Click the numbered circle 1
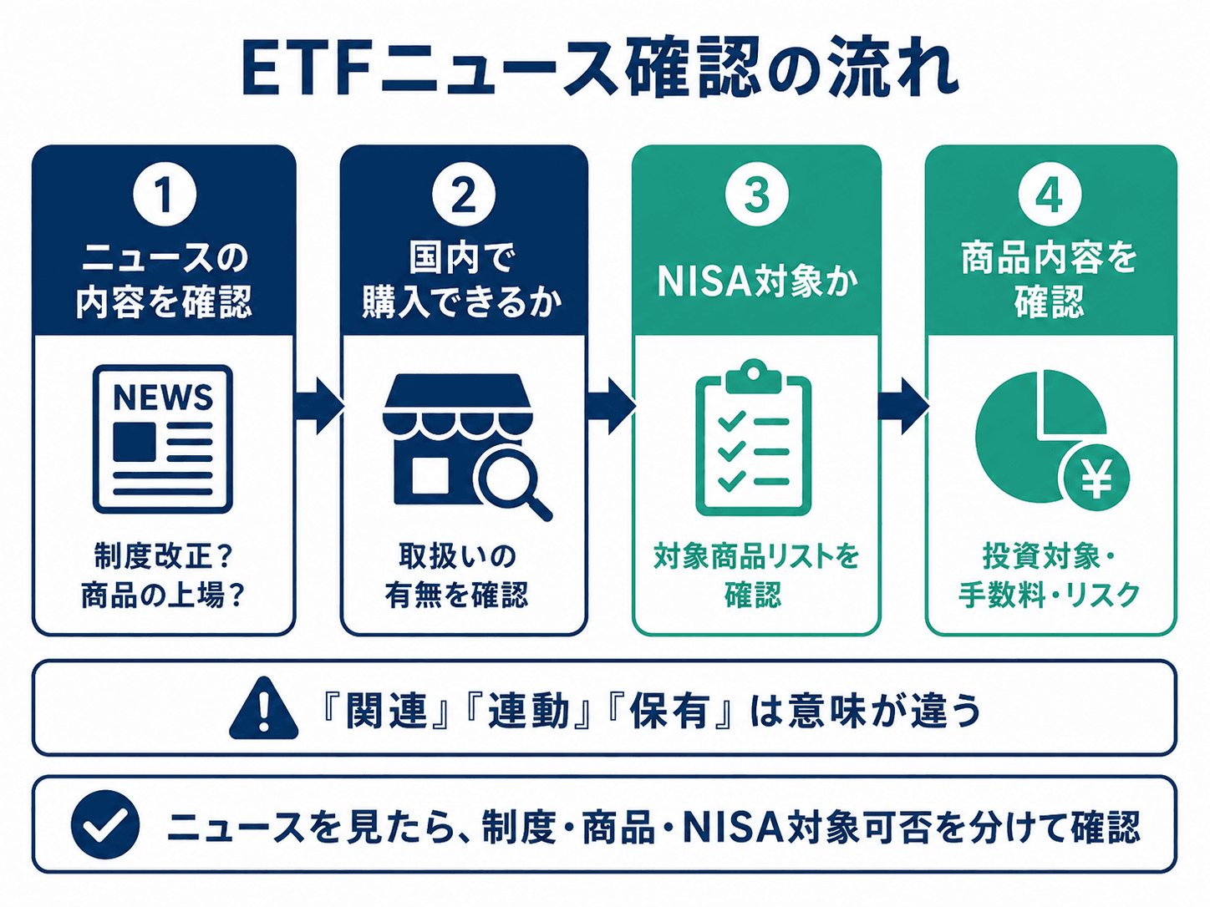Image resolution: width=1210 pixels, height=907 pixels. tap(165, 195)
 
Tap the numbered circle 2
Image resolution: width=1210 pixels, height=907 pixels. tap(464, 195)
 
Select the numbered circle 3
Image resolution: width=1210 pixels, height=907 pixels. tap(757, 195)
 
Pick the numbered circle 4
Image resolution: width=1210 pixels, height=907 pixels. tap(1050, 195)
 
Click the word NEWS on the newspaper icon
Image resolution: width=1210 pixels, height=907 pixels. tap(163, 397)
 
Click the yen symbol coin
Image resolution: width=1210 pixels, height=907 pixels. tap(1096, 478)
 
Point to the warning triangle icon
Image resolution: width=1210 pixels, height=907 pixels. tap(263, 708)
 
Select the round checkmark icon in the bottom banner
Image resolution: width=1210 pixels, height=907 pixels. tap(105, 825)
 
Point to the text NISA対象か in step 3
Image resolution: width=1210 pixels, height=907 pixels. tap(757, 282)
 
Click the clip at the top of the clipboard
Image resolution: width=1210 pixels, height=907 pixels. tap(754, 376)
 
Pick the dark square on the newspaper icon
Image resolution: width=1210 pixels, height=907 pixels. tap(135, 442)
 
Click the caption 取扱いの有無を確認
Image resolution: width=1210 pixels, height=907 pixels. tap(457, 575)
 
